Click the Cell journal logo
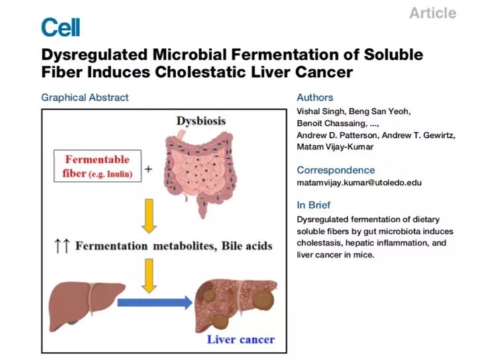coord(60,27)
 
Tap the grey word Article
coord(433,13)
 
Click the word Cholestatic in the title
coord(201,72)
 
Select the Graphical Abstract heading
coord(85,97)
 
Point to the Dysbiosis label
coord(201,121)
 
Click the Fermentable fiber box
coord(97,166)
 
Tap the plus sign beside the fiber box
coord(148,168)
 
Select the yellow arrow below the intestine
coord(149,216)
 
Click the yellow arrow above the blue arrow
coord(149,276)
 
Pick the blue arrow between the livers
coord(155,302)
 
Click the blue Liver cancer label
coord(241,339)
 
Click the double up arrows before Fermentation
coord(62,246)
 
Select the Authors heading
coord(315,97)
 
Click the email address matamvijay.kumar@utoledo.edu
coord(359,183)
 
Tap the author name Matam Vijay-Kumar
coord(335,147)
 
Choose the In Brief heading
coord(313,205)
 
